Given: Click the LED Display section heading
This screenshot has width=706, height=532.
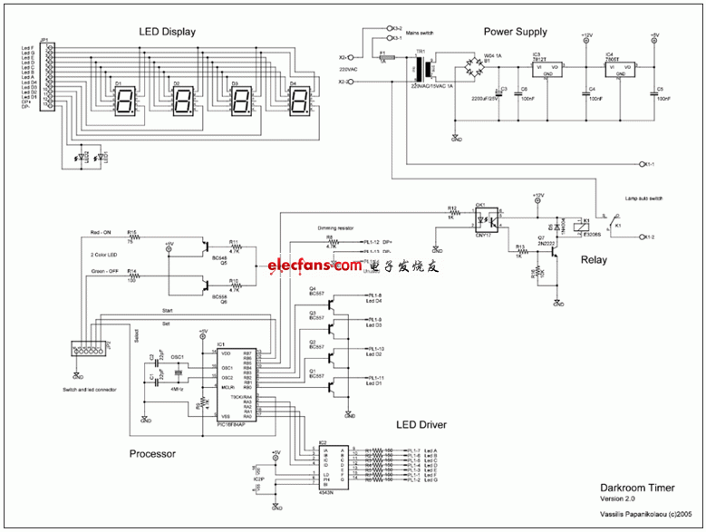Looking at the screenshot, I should [x=167, y=33].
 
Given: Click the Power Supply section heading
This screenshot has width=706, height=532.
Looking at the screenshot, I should [x=516, y=32].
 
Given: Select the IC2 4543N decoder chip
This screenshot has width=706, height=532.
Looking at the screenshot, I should [x=330, y=470].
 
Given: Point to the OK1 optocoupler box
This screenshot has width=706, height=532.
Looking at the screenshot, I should [x=488, y=218].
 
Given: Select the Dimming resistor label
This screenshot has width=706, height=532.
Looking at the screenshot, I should [x=334, y=229].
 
